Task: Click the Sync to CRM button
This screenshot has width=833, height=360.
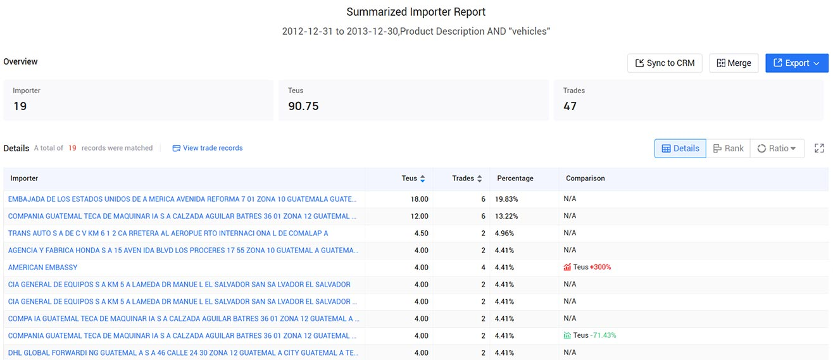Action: [665, 63]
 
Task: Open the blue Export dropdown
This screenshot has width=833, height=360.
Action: [796, 63]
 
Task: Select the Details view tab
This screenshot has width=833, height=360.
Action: [680, 149]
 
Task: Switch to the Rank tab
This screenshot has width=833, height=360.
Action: [728, 149]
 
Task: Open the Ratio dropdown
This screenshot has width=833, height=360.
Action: [777, 149]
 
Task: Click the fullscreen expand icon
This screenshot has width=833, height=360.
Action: [819, 148]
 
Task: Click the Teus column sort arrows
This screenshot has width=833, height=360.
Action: [423, 179]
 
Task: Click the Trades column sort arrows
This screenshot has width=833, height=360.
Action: [480, 179]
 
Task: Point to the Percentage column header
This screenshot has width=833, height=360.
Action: [515, 178]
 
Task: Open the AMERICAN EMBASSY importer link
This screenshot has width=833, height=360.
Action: [43, 268]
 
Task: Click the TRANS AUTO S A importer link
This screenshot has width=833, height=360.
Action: [168, 233]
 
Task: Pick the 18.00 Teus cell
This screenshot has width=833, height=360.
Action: [419, 199]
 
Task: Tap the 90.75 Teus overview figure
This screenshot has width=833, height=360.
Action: [303, 106]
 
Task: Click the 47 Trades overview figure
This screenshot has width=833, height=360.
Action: [570, 106]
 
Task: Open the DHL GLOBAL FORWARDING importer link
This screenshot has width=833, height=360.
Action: [183, 353]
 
